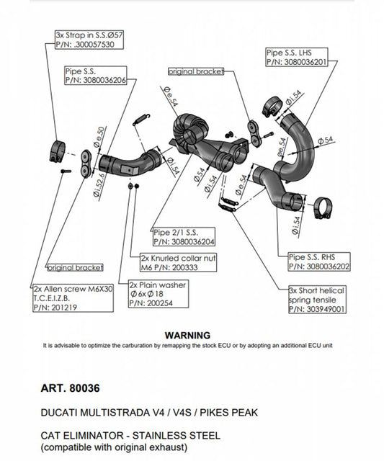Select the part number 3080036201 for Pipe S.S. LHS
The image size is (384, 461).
click(300, 62)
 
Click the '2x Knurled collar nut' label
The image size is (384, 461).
click(171, 257)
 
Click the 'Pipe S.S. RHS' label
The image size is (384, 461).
click(311, 256)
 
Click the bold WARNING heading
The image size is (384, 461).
click(187, 335)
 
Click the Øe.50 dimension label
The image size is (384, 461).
click(101, 134)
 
